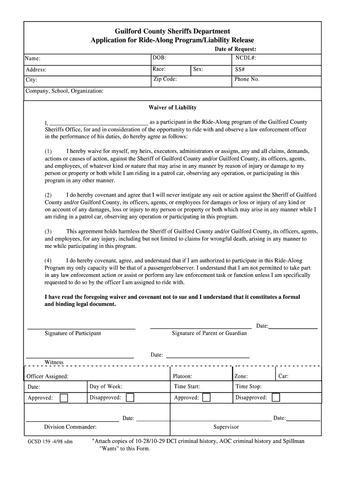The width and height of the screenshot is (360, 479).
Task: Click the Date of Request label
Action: (235, 49)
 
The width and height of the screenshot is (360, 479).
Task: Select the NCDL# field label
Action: (245, 58)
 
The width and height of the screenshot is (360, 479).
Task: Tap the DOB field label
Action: (159, 58)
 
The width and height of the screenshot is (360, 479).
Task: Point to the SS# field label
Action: (241, 69)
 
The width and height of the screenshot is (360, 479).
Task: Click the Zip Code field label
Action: (165, 79)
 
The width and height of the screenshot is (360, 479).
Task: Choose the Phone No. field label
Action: (247, 79)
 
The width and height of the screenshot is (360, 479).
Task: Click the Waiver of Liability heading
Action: (173, 108)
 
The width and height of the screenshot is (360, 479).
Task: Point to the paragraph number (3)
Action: (48, 232)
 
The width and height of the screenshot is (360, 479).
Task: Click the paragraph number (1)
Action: (48, 152)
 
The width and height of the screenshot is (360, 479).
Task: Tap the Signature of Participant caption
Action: (72, 333)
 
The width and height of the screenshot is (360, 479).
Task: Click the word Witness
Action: (54, 362)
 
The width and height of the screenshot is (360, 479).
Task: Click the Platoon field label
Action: (182, 376)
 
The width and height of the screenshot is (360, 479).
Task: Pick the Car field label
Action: (283, 376)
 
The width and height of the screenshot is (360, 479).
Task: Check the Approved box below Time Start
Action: (206, 398)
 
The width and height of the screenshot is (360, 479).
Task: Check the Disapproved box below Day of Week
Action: (130, 398)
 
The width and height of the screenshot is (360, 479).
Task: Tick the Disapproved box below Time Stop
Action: (276, 398)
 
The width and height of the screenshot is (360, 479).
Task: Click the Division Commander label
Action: (70, 427)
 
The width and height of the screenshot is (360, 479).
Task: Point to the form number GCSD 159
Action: (44, 442)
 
